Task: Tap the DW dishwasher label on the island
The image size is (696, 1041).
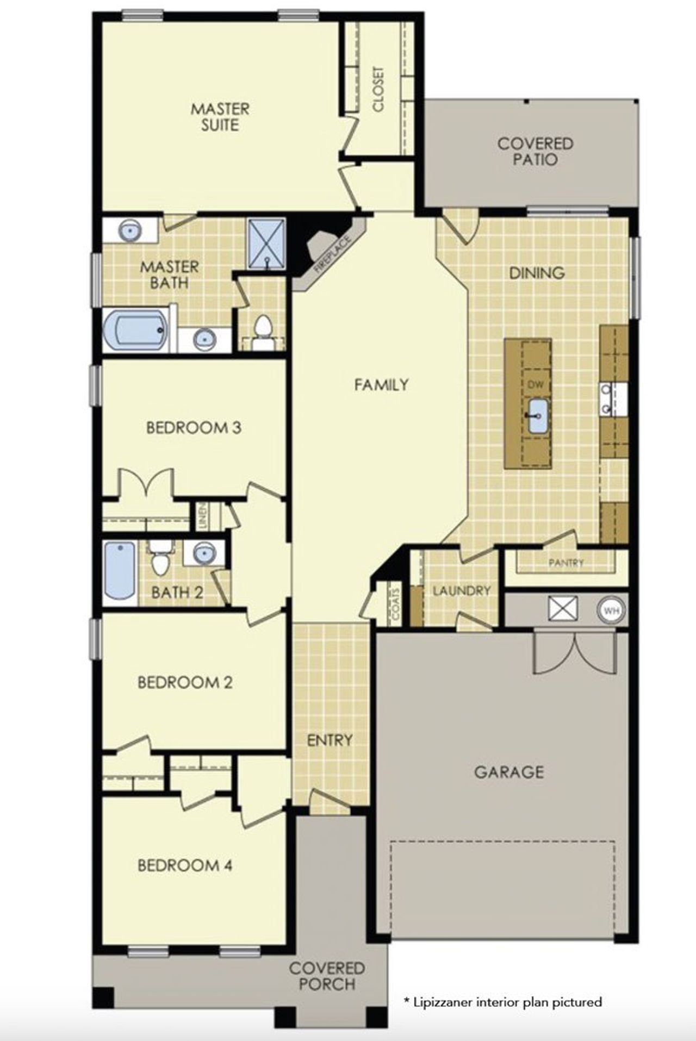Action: coord(536,384)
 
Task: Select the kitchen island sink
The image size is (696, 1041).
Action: coord(538,415)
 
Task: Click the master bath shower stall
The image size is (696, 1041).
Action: coord(266,244)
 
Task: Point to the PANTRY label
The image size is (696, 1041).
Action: coord(565,563)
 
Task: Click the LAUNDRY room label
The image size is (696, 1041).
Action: coord(462,590)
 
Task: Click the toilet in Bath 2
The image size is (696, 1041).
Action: coord(160,560)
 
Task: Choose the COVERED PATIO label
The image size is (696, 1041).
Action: coord(535,152)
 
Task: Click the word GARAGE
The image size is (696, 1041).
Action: coord(509,772)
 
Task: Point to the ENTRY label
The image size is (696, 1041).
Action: coord(330,740)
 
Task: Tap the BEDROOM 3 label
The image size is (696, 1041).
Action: coord(194,428)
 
